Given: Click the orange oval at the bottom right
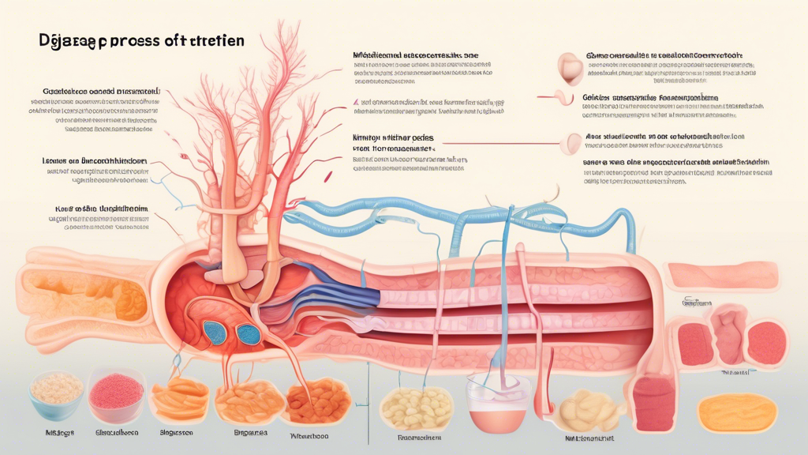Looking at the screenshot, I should point(739,412).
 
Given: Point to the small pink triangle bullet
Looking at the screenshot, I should point(357,102).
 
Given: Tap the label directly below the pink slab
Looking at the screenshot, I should point(697,303).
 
